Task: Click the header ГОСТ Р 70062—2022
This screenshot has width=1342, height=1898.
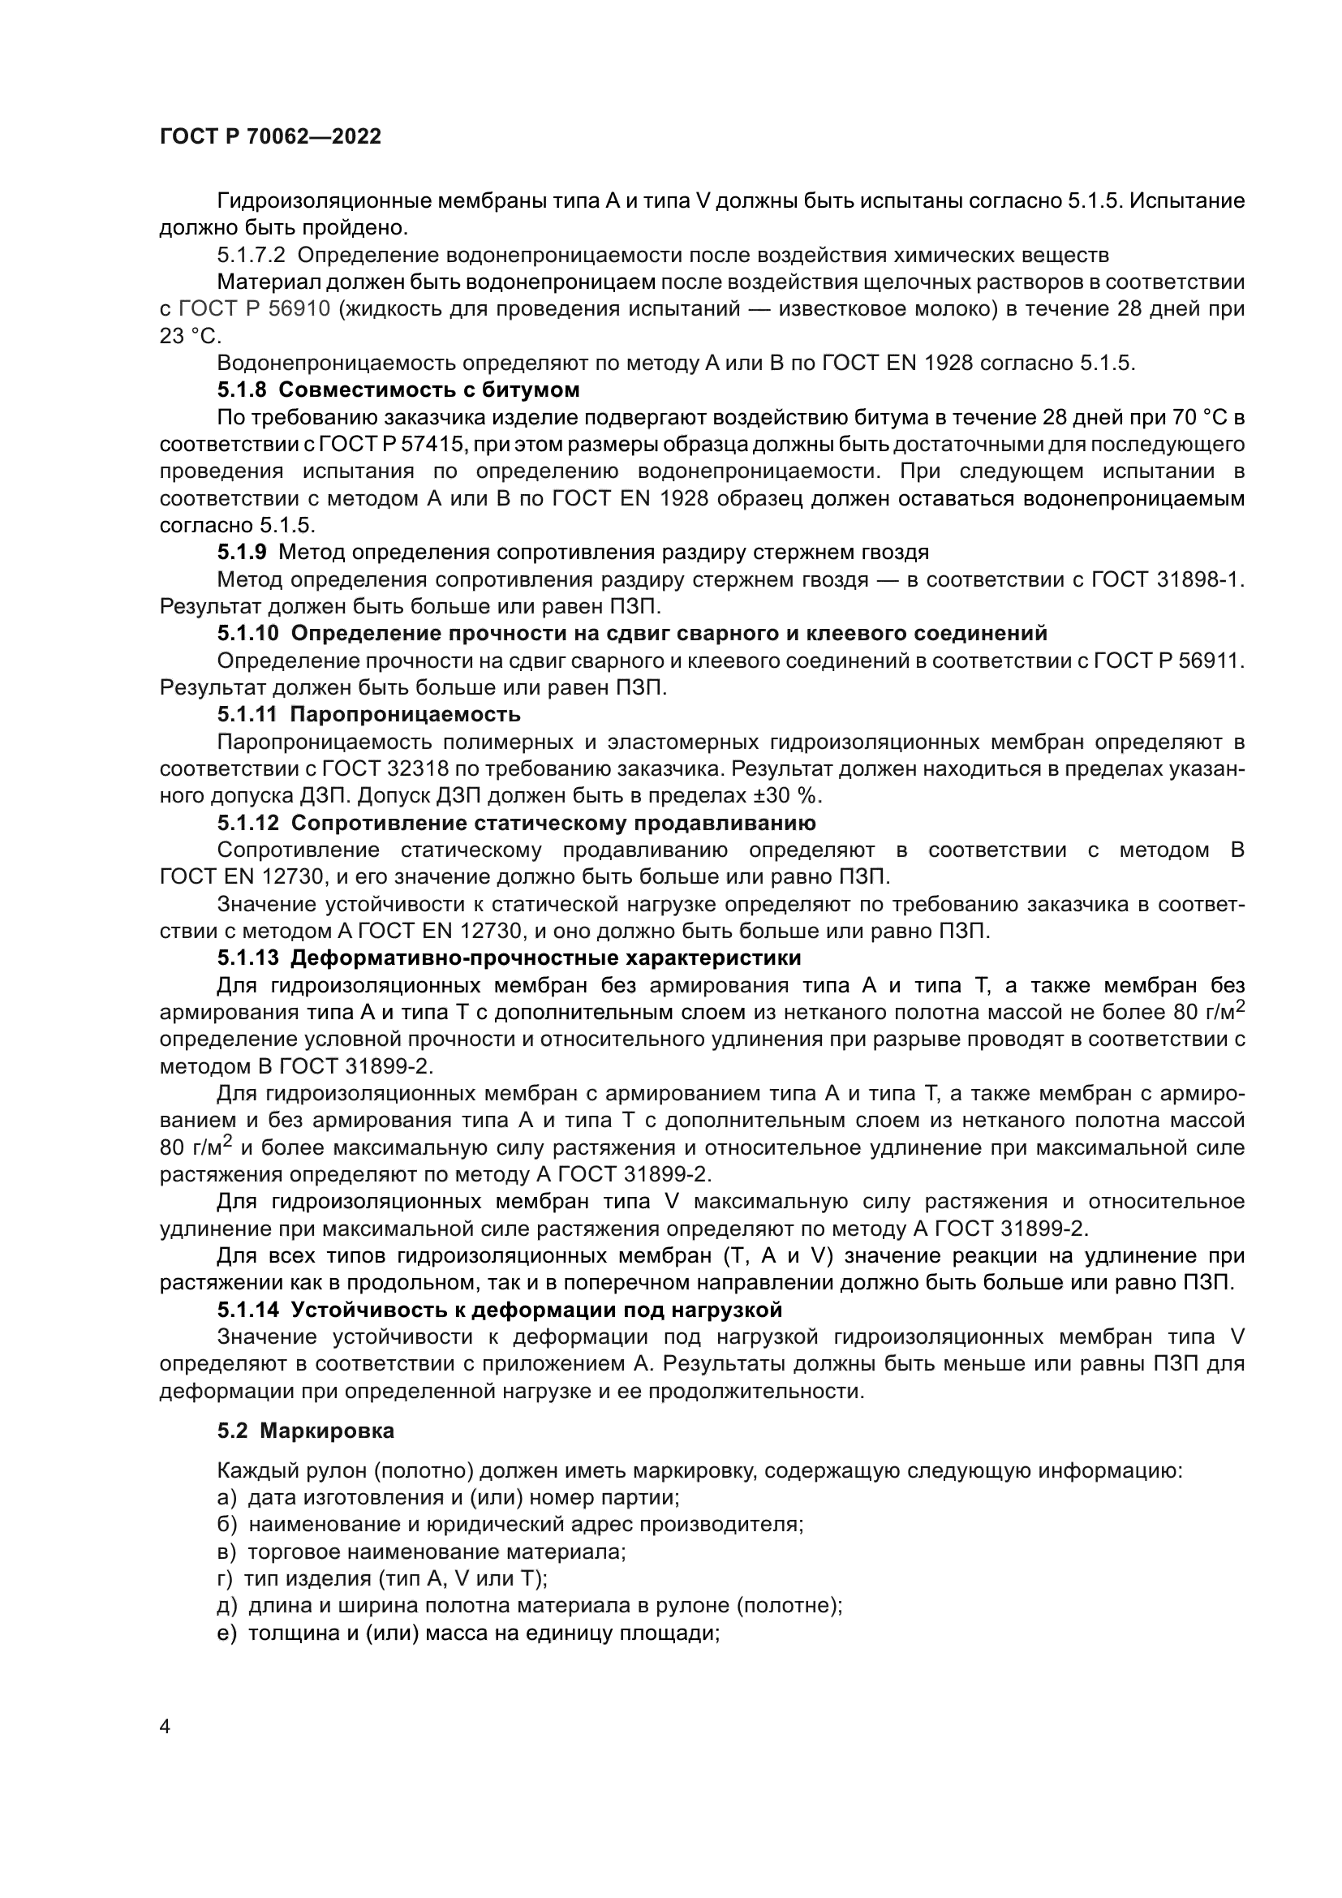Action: pyautogui.click(x=270, y=136)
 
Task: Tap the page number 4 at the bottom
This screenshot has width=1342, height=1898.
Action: pyautogui.click(x=165, y=1727)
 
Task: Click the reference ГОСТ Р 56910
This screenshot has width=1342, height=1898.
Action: pyautogui.click(x=256, y=308)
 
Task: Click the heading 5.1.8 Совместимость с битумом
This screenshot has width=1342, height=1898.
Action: pyautogui.click(x=398, y=389)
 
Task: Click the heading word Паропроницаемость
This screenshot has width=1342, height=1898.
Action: pyautogui.click(x=405, y=713)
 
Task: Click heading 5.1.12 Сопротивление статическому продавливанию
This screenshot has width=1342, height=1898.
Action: pyautogui.click(x=517, y=823)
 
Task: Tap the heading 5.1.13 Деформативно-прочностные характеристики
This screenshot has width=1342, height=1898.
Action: pyautogui.click(x=509, y=958)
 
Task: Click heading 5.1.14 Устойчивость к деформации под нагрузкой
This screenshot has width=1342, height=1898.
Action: pyautogui.click(x=499, y=1310)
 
